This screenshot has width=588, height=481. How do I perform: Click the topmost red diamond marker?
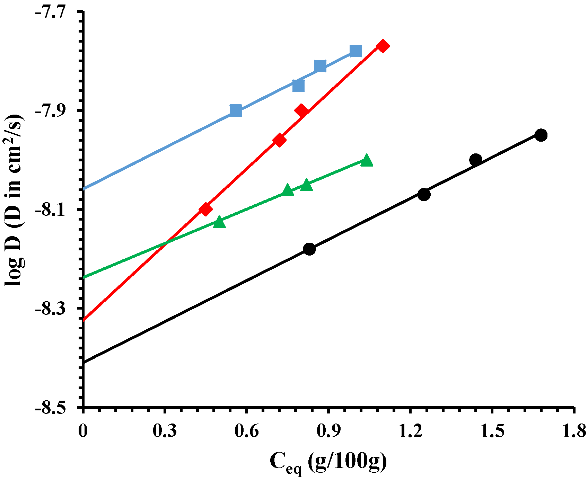click(383, 46)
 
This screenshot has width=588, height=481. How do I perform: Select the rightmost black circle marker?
click(541, 135)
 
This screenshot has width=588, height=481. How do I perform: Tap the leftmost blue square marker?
click(236, 111)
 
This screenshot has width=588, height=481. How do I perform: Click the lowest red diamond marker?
click(206, 209)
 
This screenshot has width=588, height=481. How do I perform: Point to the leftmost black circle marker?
click(309, 249)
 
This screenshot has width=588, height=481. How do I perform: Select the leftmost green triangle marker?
click(219, 222)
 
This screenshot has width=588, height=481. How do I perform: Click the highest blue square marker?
click(356, 51)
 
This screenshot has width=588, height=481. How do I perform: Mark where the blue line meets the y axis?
click(84, 189)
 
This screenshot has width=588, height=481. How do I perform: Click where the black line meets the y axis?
click(84, 363)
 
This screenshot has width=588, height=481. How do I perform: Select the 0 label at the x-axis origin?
click(82, 431)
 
